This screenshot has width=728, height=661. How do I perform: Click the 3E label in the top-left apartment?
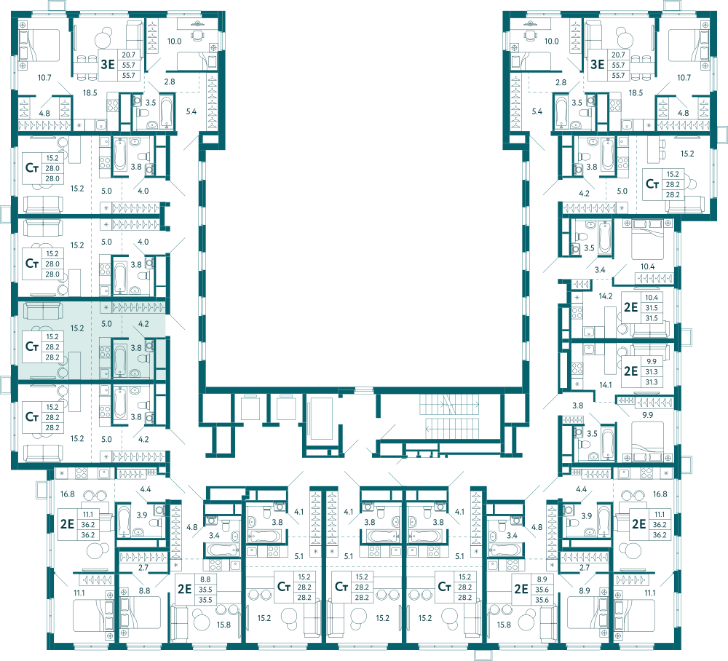tap(108, 65)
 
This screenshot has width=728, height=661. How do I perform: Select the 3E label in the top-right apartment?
tap(597, 65)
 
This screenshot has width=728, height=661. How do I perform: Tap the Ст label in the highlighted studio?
tap(31, 347)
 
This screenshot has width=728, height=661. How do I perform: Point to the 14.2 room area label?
tap(606, 296)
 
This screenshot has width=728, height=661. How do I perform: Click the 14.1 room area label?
tap(606, 385)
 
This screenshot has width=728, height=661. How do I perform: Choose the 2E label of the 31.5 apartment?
tap(630, 307)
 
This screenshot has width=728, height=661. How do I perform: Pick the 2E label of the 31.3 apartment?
tap(630, 371)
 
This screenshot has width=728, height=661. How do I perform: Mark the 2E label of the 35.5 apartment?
tap(184, 589)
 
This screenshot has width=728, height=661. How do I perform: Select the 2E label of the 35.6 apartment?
tap(521, 589)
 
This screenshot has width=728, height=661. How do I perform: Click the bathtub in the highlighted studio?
tap(120, 360)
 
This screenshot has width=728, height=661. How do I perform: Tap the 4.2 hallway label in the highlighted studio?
tap(143, 324)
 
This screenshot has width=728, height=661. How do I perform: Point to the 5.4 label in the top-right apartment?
tap(537, 111)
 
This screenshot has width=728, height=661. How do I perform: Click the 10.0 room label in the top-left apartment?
tap(174, 41)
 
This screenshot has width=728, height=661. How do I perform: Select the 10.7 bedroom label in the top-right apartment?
tap(684, 77)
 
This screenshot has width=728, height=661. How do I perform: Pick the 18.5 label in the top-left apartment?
tap(90, 93)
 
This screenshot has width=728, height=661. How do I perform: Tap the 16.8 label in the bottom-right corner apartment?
tap(660, 494)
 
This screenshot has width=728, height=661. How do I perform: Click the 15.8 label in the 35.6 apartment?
tap(504, 625)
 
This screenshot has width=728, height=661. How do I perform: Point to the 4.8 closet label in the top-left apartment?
tap(44, 114)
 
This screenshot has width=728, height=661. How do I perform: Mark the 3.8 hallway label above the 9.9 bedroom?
tap(577, 405)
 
